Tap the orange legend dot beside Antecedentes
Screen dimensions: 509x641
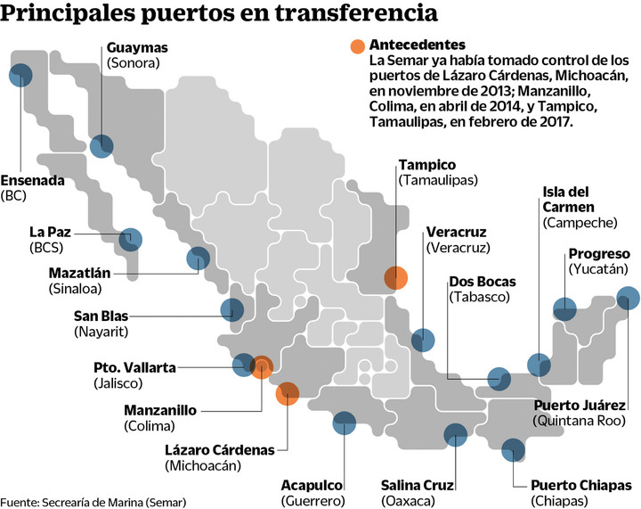click(356, 46)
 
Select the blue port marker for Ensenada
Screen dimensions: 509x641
click(20, 76)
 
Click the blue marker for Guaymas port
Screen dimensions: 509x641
click(102, 144)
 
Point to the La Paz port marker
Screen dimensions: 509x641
click(131, 238)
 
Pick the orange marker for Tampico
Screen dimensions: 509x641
click(395, 277)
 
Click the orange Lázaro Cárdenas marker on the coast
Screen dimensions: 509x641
click(287, 393)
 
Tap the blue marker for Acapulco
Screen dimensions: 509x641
click(344, 423)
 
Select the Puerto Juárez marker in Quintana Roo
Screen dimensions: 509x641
click(628, 299)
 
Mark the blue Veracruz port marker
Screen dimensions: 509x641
click(423, 340)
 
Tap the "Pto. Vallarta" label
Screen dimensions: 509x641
click(134, 367)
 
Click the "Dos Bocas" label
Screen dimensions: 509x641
click(483, 282)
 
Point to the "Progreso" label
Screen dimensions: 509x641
click(599, 252)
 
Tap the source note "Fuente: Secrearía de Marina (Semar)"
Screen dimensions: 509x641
click(93, 501)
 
